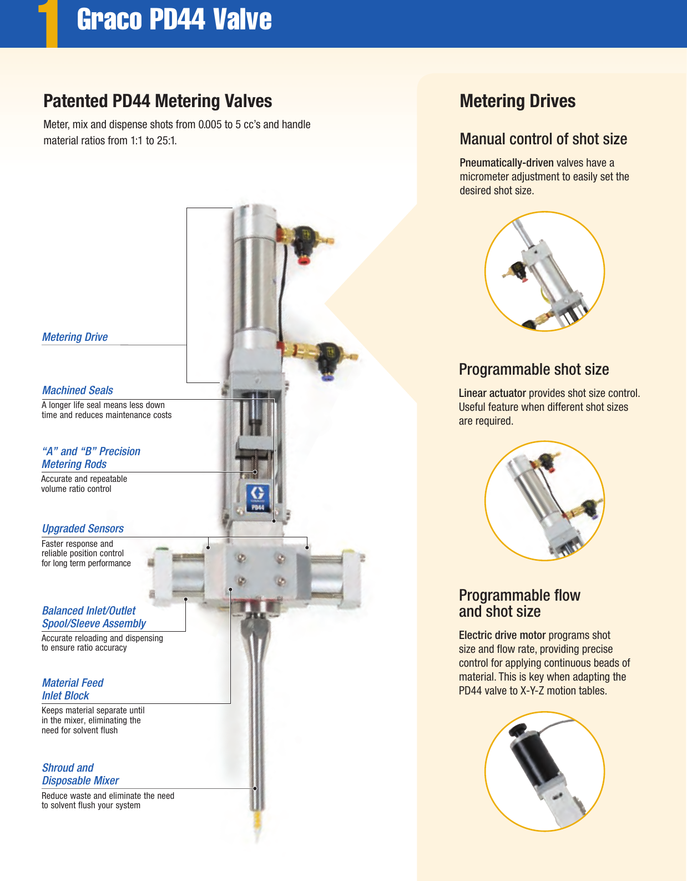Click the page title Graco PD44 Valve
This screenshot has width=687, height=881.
tap(174, 19)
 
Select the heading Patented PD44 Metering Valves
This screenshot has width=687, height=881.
tap(158, 101)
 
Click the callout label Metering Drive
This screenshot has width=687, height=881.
tap(75, 337)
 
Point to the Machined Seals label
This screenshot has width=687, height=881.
tap(78, 390)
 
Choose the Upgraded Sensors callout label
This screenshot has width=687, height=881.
tap(83, 528)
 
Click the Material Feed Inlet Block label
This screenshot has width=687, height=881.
tap(73, 689)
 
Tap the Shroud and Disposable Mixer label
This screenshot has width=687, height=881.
tap(80, 774)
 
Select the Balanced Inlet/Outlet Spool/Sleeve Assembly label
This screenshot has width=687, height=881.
tap(94, 617)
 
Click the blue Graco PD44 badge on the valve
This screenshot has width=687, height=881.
tap(258, 497)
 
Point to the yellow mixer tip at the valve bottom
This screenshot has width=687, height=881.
tap(256, 822)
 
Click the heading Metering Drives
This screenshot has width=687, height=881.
tap(517, 101)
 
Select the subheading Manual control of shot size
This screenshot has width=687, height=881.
tap(543, 139)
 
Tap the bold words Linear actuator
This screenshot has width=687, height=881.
tap(492, 393)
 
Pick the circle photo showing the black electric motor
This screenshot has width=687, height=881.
tap(544, 771)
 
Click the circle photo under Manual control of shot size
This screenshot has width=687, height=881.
tap(544, 271)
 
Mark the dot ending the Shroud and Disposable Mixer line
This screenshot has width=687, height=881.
tap(255, 788)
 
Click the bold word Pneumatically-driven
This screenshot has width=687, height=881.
tap(506, 163)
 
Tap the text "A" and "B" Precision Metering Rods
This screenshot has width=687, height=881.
tap(91, 457)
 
